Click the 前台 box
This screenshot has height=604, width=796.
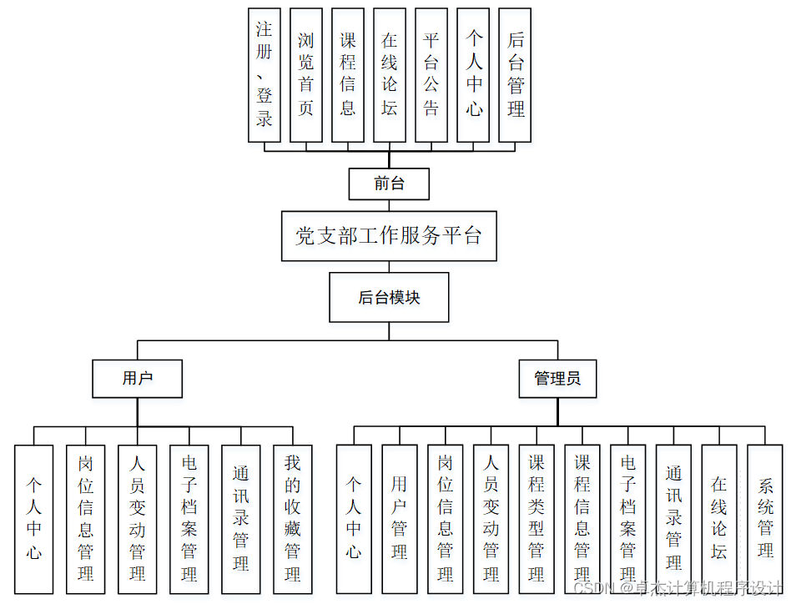[x=389, y=184]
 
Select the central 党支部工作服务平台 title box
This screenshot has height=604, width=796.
[x=389, y=236]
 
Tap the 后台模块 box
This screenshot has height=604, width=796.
[x=389, y=297]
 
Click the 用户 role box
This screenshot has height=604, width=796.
[x=138, y=378]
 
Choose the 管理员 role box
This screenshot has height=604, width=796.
[x=557, y=378]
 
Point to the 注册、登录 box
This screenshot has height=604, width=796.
[x=264, y=75]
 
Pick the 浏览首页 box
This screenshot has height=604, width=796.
[x=306, y=75]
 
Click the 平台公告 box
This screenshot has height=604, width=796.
[x=431, y=75]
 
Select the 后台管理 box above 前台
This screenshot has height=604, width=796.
[x=515, y=75]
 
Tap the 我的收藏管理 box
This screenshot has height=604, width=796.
[x=293, y=519]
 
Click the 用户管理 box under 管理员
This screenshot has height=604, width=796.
[x=400, y=519]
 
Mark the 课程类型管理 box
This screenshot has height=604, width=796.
[x=537, y=519]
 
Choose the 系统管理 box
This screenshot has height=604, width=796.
[x=765, y=519]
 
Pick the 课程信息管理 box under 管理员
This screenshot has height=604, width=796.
[x=582, y=519]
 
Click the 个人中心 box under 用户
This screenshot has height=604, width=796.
[x=34, y=519]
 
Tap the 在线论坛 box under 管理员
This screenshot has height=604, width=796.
[x=719, y=519]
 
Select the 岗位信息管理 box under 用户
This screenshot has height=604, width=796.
[x=86, y=519]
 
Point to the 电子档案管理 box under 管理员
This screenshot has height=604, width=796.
[x=628, y=519]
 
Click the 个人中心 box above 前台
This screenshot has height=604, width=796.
[x=473, y=75]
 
